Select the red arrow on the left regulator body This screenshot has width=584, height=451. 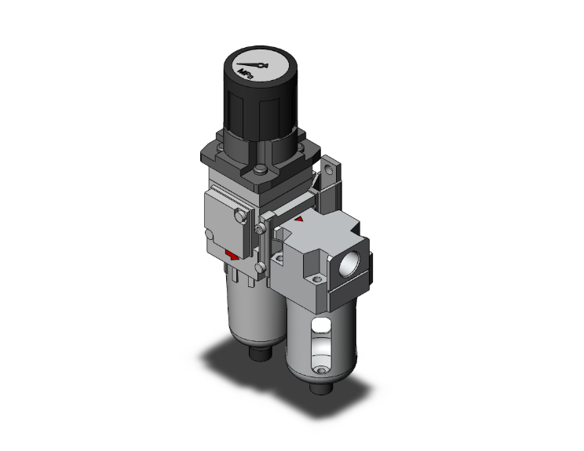[x=229, y=255]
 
